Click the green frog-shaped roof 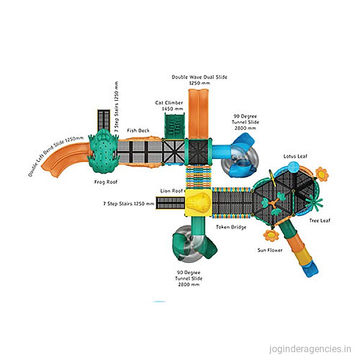click(x=104, y=151)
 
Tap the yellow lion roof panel click(x=198, y=203)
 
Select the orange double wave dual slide click(x=199, y=114)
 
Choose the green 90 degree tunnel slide click(x=193, y=241)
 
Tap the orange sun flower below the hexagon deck click(x=271, y=235)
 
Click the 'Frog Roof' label click(x=106, y=182)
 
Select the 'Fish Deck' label click(x=138, y=130)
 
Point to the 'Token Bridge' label click(x=231, y=227)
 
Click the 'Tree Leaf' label click(x=320, y=221)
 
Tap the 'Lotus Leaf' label click(x=295, y=157)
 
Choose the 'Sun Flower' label click(x=270, y=250)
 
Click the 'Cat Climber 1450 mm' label click(x=169, y=106)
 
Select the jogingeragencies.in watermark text click(x=310, y=349)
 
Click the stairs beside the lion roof click(x=170, y=203)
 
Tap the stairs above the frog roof click(x=104, y=121)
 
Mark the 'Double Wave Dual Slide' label click(x=200, y=77)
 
